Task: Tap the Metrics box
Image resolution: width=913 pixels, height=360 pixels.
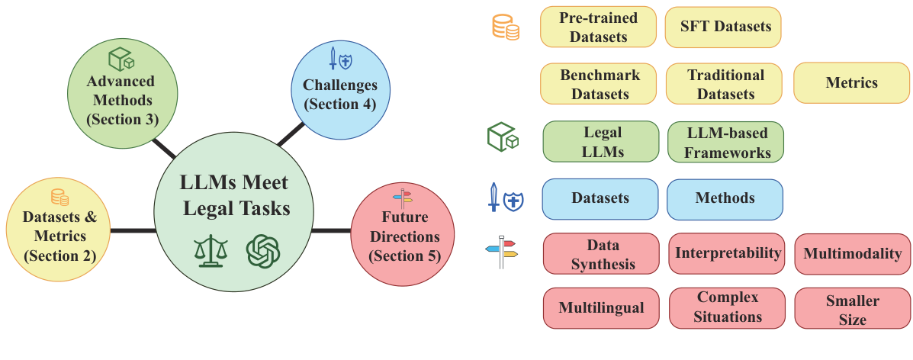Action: pyautogui.click(x=851, y=83)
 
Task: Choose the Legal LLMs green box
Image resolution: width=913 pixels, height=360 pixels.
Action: pyautogui.click(x=600, y=142)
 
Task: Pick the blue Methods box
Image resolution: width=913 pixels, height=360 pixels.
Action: pyautogui.click(x=725, y=198)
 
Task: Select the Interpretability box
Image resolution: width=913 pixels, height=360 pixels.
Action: pyautogui.click(x=728, y=253)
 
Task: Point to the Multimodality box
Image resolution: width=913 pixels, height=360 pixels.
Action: pyautogui.click(x=852, y=253)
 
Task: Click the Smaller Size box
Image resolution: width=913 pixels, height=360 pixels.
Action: pyautogui.click(x=852, y=309)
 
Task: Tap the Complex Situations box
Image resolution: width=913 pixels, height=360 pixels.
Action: pyautogui.click(x=728, y=307)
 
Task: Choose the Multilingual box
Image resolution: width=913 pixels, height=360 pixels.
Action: pyautogui.click(x=600, y=308)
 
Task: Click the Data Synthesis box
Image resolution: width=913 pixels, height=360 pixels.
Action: pyautogui.click(x=602, y=253)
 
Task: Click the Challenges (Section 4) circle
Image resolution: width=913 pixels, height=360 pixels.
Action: pyautogui.click(x=339, y=90)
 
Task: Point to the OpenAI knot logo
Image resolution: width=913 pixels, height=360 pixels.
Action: pyautogui.click(x=262, y=250)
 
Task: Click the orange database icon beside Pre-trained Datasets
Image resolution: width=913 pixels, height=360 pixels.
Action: pyautogui.click(x=505, y=28)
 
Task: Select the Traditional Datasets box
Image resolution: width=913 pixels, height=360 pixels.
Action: pyautogui.click(x=725, y=83)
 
